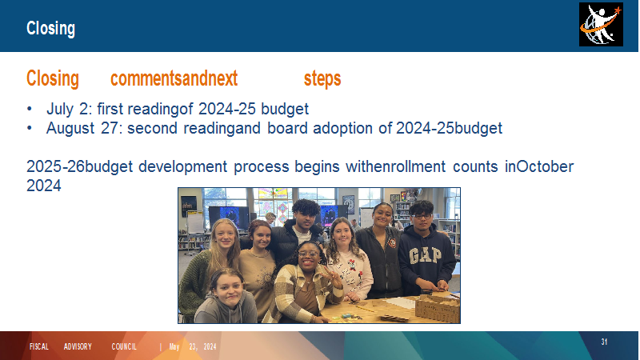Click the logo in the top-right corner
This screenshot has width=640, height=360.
pos(601,25)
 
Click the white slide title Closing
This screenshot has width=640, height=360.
pos(50,29)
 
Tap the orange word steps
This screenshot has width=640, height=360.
pos(322,78)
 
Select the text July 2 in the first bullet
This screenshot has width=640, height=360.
pos(67,109)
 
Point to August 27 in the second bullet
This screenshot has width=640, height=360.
pos(82,128)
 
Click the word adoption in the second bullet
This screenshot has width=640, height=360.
pos(342,128)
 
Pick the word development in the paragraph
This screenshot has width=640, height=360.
pos(183,166)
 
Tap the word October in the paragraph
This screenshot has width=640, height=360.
pos(545,166)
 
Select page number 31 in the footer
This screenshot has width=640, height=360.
pos(604,342)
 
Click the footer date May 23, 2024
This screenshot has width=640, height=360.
pos(193,347)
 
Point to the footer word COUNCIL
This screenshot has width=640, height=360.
pos(124,347)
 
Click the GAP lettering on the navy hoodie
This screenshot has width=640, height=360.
pos(425,256)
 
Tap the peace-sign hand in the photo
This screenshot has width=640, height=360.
pos(333,278)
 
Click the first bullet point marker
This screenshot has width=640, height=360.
pos(30,109)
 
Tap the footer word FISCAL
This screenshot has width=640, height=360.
pos(39,347)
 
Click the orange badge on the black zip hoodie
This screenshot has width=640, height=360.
pos(392,243)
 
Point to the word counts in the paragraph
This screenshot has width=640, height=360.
pos(475,166)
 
